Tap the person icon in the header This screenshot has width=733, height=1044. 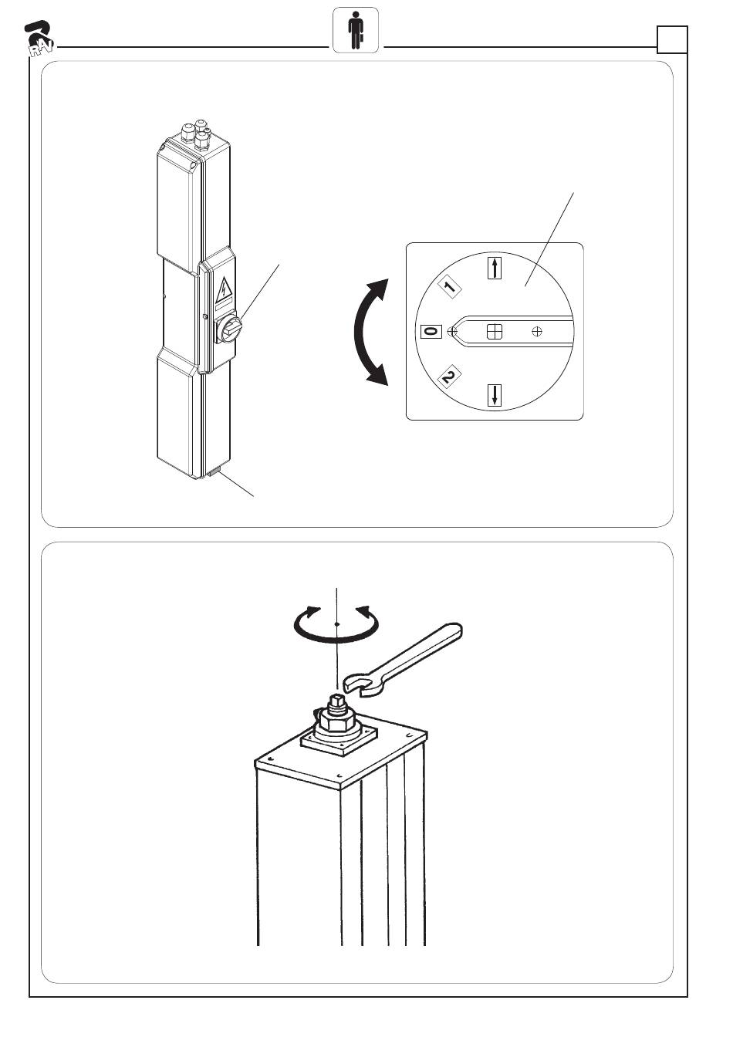pyautogui.click(x=356, y=30)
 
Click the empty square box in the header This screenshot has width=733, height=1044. pyautogui.click(x=672, y=39)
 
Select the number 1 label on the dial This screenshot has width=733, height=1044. pyautogui.click(x=450, y=287)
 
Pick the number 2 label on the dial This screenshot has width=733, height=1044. pyautogui.click(x=450, y=376)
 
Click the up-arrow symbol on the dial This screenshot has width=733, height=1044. pyautogui.click(x=495, y=268)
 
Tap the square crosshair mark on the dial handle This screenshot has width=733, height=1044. pyautogui.click(x=495, y=331)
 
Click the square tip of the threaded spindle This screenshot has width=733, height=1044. pyautogui.click(x=337, y=700)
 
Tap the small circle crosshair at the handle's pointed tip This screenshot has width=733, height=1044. pyautogui.click(x=451, y=331)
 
